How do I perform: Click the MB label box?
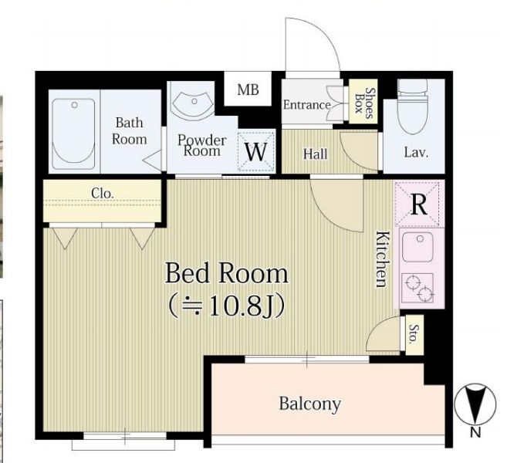tap(248, 90)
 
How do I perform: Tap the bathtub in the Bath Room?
tap(74, 131)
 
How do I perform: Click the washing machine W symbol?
tap(256, 151)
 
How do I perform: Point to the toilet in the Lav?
tap(413, 106)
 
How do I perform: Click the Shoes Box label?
tap(363, 102)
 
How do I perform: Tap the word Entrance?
tap(307, 105)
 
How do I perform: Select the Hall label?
tap(315, 154)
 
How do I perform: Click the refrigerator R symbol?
tap(419, 204)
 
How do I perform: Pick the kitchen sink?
tap(418, 247)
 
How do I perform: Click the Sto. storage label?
tap(414, 334)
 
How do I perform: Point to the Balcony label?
tap(309, 404)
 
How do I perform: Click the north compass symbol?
tap(475, 404)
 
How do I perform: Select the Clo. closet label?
tap(103, 193)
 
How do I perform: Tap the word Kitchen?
tap(383, 259)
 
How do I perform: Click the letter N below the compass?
tap(475, 433)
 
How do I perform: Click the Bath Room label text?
tap(130, 131)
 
